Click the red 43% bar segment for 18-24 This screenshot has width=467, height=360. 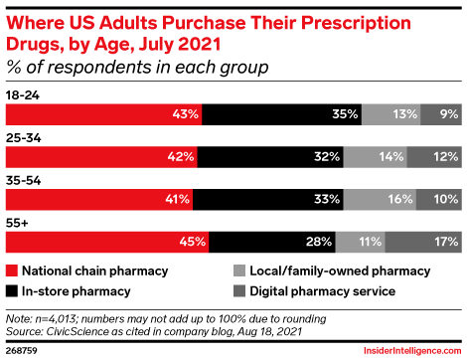pos(104,114)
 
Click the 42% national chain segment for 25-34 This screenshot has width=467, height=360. pos(102,156)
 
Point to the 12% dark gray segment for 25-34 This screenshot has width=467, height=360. pos(433,156)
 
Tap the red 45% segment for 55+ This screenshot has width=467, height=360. pos(108,240)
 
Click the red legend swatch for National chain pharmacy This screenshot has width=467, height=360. pos(12,270)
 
